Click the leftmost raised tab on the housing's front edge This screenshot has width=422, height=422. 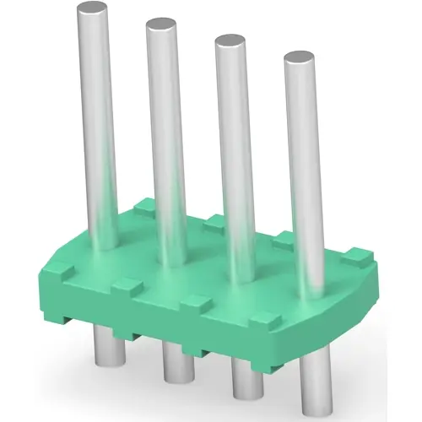[x=60, y=271]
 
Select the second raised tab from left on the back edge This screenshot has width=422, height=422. [x=213, y=222]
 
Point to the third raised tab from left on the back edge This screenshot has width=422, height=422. [x=284, y=237]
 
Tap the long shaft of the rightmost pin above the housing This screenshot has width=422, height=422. [x=304, y=169]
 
